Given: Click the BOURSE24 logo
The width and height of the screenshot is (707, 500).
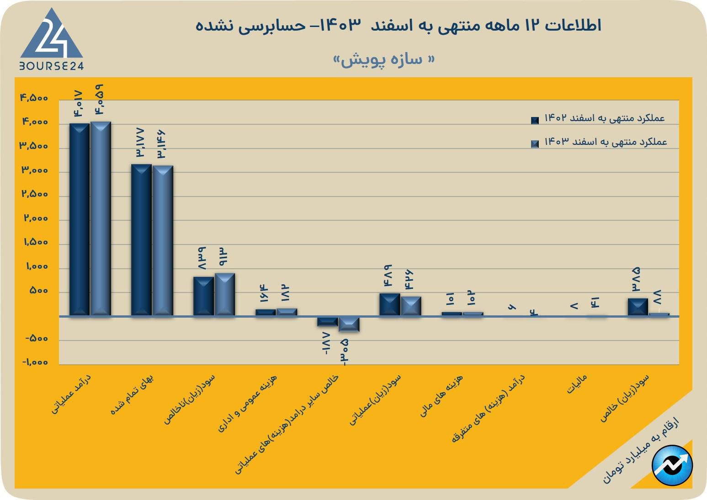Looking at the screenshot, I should (51, 40).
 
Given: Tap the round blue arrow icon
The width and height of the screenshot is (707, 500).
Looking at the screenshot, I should (672, 465).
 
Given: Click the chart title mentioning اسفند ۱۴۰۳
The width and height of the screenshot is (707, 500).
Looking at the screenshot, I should (398, 25).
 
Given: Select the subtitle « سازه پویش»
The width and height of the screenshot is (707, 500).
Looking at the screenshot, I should (384, 60).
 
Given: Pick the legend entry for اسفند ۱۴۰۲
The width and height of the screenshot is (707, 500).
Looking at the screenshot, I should (599, 118).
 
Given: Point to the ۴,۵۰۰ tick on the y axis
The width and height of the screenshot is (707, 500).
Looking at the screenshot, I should (34, 98).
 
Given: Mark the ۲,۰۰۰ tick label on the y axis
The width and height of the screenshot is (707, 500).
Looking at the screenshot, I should (36, 218).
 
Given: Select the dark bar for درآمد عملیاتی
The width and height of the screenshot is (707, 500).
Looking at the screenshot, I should (79, 219).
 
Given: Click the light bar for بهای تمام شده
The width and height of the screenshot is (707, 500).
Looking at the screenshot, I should (163, 240).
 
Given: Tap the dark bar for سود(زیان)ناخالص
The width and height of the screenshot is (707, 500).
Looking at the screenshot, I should (203, 296).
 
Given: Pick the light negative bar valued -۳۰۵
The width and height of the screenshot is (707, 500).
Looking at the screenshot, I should (349, 324).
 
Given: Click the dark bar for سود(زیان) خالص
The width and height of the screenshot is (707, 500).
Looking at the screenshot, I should (638, 307).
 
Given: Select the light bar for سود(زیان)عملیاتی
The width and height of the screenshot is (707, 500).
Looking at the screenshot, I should (411, 306).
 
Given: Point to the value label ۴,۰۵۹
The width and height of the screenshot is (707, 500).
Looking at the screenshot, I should (100, 100).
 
